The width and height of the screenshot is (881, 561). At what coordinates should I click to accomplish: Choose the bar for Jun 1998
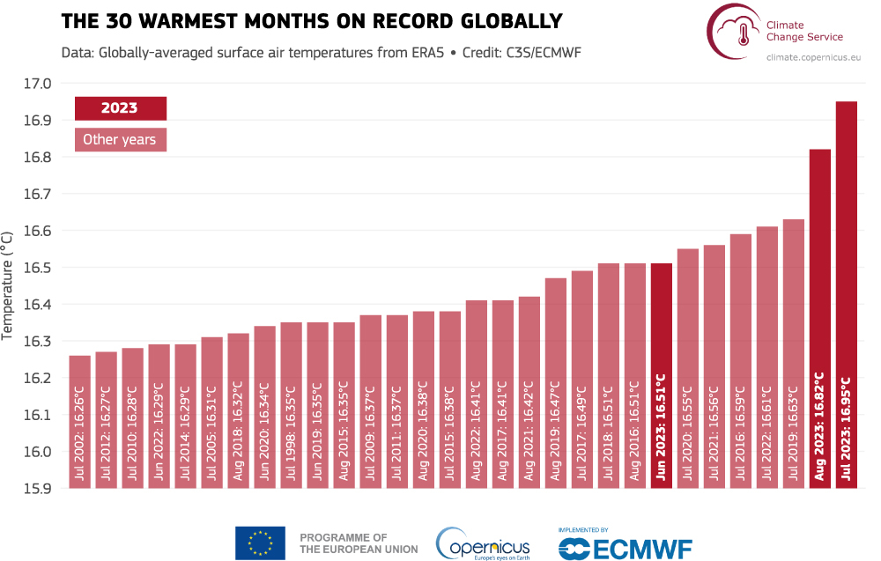coord(291,405)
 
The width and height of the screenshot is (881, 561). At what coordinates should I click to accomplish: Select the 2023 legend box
coord(120,108)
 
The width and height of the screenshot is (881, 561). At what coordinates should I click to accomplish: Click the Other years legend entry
coord(120,139)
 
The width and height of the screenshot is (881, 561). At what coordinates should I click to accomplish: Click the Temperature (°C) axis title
coord(9,285)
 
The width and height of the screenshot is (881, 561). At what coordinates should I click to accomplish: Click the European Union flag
coord(260,543)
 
